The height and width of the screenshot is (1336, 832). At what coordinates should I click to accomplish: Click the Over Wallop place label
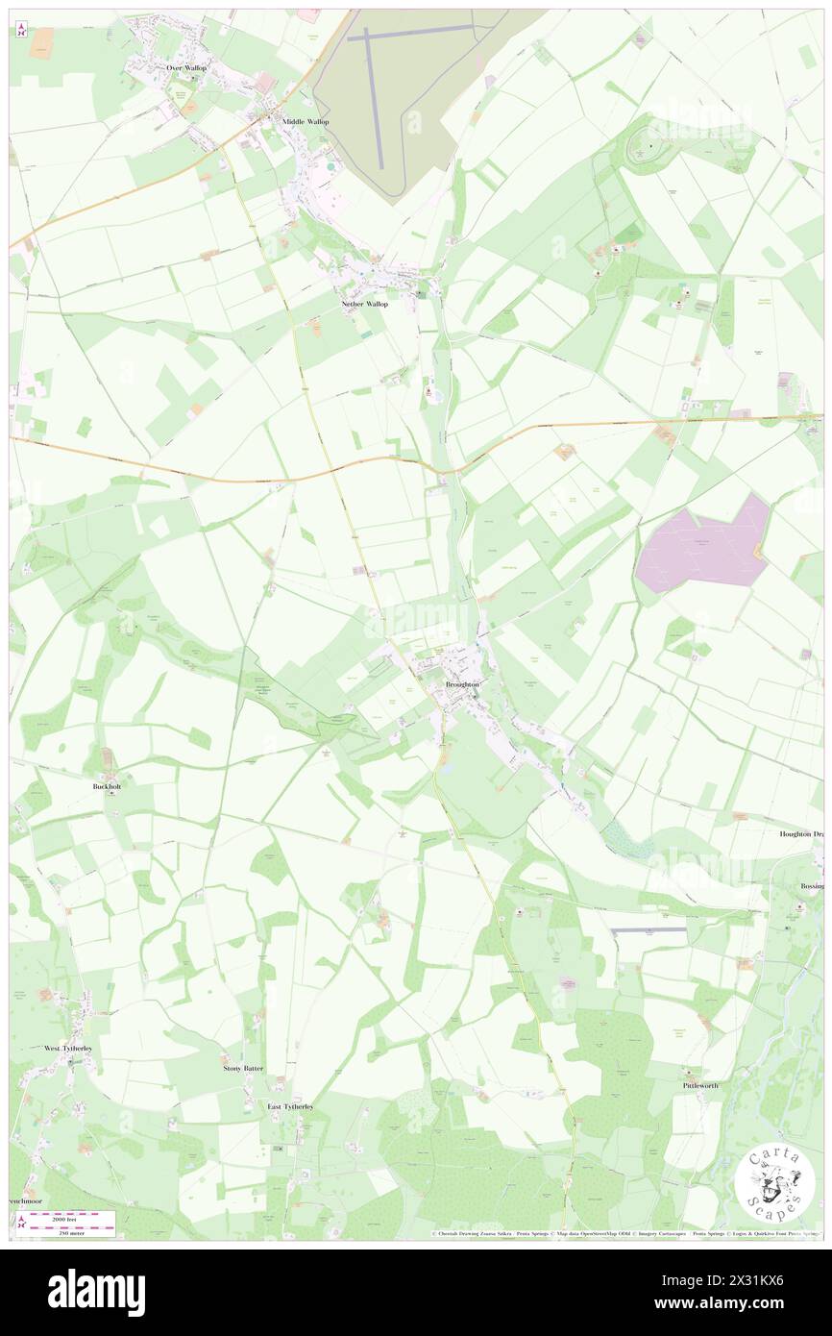tap(186, 68)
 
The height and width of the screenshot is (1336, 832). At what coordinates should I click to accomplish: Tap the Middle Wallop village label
tap(306, 122)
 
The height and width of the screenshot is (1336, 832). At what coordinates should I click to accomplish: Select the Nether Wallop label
tap(365, 304)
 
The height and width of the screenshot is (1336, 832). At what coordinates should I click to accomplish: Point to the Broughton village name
tap(462, 683)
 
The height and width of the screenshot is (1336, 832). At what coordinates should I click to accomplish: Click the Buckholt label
tap(108, 785)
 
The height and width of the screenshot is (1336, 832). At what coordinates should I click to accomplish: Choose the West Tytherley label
tap(68, 1048)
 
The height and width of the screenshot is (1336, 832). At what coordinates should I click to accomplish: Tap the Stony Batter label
tap(243, 1068)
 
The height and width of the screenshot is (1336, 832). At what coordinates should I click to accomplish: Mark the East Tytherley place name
tap(290, 1106)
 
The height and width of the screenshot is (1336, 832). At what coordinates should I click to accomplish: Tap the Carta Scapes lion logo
tap(775, 1184)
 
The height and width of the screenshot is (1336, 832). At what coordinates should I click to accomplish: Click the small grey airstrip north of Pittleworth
tap(649, 929)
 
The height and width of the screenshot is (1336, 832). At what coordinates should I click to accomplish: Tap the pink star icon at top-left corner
tap(21, 33)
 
